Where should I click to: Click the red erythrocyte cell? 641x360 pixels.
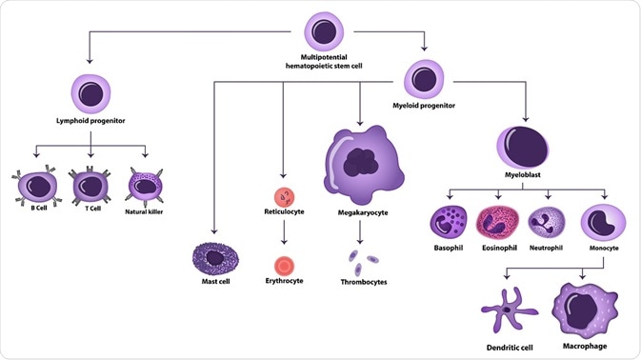coord(283,265)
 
